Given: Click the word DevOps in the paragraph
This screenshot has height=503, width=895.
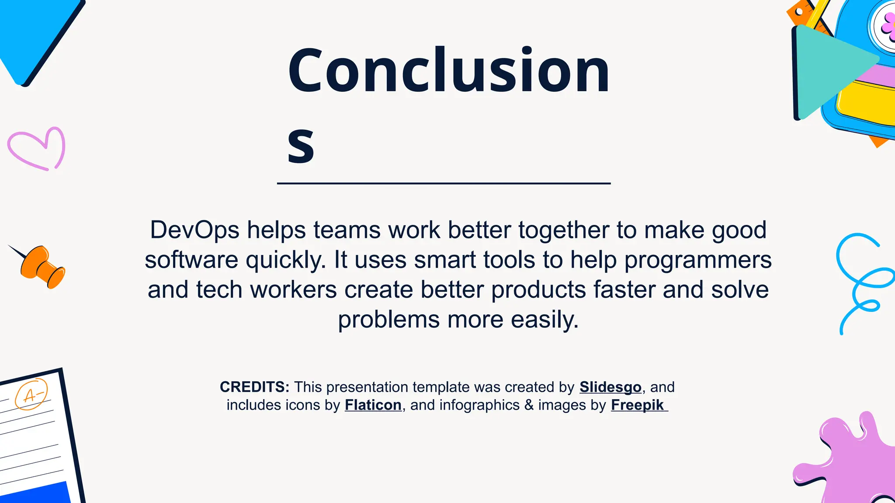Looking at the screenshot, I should tap(194, 230).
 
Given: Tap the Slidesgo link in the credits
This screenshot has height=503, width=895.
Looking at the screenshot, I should tap(610, 387).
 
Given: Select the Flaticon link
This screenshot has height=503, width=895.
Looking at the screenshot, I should tap(373, 405).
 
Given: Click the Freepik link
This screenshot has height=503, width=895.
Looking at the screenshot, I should tap(638, 405).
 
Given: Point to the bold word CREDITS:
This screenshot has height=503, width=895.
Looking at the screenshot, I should tap(254, 387).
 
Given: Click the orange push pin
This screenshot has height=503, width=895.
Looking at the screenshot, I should tap(42, 266).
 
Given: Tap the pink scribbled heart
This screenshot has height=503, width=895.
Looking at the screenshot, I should tap(37, 148).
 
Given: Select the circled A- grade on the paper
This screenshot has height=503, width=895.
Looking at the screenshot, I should tap(31, 394).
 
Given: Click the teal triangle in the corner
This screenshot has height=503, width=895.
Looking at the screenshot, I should tap(826, 70).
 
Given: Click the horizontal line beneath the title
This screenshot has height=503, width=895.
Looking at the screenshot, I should tap(444, 183).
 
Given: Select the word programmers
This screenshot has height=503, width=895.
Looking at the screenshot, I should tap(697, 260).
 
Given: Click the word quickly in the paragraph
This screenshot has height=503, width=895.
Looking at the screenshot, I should tap(285, 260).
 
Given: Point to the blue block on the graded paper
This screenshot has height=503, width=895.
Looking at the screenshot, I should tap(35, 493).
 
